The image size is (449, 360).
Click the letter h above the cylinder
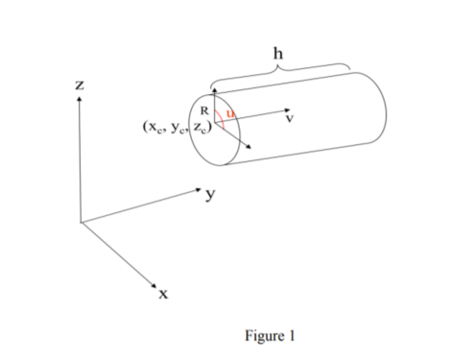click(x=279, y=55)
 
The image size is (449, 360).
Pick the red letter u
click(x=230, y=112)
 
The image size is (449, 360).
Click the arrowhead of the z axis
click(x=80, y=100)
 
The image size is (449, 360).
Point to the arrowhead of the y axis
click(x=197, y=189)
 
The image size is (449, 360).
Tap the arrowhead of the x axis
click(x=153, y=285)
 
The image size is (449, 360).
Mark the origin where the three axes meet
click(x=81, y=222)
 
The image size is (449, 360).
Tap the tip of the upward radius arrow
click(x=215, y=89)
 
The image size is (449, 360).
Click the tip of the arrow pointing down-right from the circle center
click(x=252, y=148)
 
